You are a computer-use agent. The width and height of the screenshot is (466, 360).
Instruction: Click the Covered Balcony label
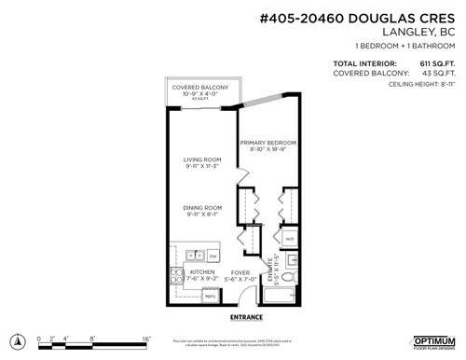[x=196, y=87]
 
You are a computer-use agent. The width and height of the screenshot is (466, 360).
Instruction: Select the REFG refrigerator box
[x=211, y=297]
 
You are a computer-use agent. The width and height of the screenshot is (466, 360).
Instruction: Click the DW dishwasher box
[x=212, y=254]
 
